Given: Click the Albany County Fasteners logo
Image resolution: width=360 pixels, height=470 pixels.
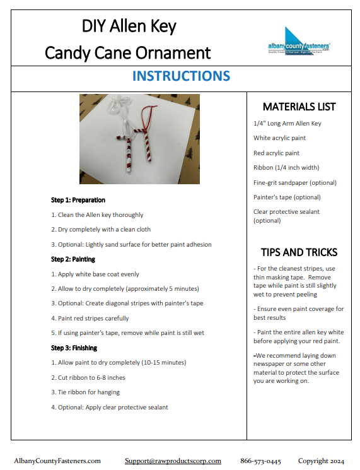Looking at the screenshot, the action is [299, 42].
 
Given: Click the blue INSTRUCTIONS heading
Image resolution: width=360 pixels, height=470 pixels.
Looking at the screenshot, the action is [181, 76].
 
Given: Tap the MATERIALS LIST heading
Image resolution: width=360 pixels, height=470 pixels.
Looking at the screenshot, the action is [299, 107].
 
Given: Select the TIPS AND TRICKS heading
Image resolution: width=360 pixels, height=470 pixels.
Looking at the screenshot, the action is [299, 252].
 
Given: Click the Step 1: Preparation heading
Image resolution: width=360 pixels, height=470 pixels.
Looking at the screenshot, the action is [78, 200].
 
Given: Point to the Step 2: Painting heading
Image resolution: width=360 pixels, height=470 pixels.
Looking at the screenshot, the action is [73, 259].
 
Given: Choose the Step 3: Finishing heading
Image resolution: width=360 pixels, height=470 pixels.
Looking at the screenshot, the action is [74, 348].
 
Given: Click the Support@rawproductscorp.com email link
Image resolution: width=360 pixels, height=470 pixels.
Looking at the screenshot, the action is [173, 461].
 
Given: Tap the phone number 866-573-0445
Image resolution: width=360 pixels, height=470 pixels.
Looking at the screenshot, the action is [260, 461].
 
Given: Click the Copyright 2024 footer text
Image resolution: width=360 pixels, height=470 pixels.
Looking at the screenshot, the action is [321, 461].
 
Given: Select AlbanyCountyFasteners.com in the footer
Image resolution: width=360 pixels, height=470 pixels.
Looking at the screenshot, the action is [57, 461].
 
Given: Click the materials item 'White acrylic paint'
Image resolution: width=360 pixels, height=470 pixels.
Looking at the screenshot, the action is [279, 138].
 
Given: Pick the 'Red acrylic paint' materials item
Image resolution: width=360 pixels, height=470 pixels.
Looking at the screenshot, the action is [276, 153].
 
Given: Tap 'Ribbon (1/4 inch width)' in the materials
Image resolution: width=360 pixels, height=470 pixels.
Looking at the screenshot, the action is [286, 168].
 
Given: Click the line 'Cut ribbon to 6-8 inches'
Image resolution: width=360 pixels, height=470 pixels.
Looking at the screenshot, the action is [88, 378].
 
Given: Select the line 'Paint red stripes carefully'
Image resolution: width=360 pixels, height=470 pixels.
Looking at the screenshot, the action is [90, 319].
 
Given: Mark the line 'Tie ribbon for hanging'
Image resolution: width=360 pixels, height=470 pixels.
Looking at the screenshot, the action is [85, 392].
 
